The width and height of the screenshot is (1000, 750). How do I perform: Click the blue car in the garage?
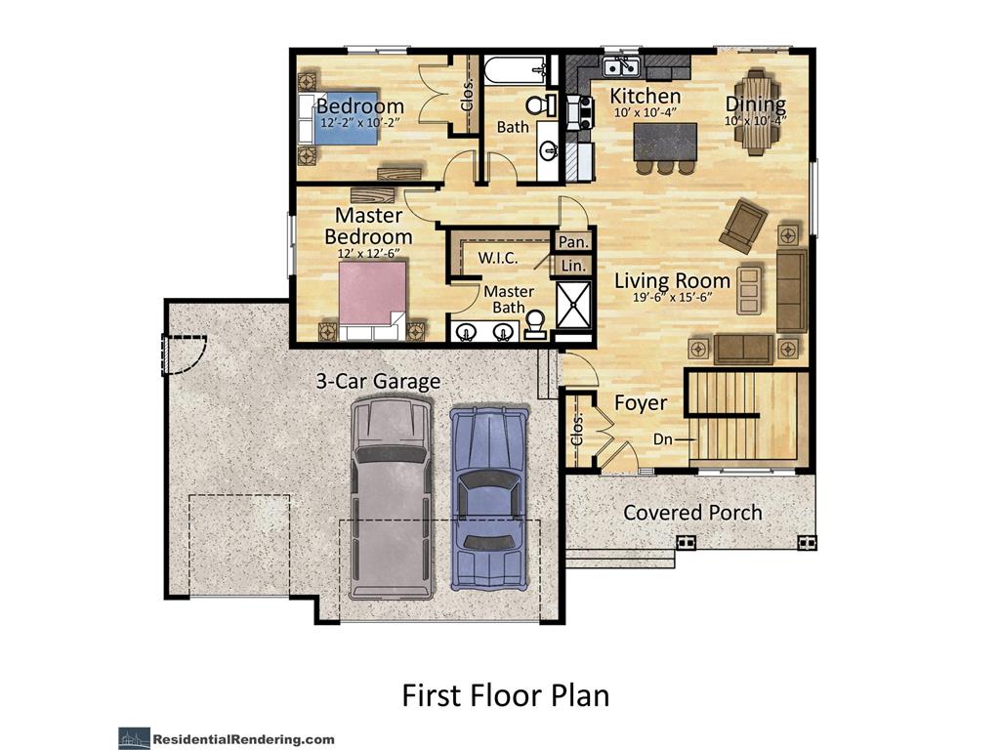(x=488, y=498)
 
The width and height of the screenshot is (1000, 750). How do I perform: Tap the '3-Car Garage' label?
(x=378, y=381)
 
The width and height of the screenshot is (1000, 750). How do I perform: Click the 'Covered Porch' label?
(x=692, y=512)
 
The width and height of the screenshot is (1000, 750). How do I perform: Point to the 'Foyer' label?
(x=641, y=403)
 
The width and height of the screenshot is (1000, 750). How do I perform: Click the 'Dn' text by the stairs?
(x=663, y=439)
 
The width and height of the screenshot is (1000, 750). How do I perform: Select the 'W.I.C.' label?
(x=497, y=259)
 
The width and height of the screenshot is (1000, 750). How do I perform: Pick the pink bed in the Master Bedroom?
(x=372, y=297)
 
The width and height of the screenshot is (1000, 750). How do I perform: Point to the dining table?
(x=757, y=111)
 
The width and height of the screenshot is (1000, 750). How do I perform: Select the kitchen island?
(x=666, y=142)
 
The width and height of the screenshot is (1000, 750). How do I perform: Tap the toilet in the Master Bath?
(x=535, y=322)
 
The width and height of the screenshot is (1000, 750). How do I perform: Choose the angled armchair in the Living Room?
(x=744, y=226)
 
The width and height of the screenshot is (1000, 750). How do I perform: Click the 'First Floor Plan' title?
(x=505, y=694)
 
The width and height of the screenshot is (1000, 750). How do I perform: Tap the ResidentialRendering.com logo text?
(x=245, y=739)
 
